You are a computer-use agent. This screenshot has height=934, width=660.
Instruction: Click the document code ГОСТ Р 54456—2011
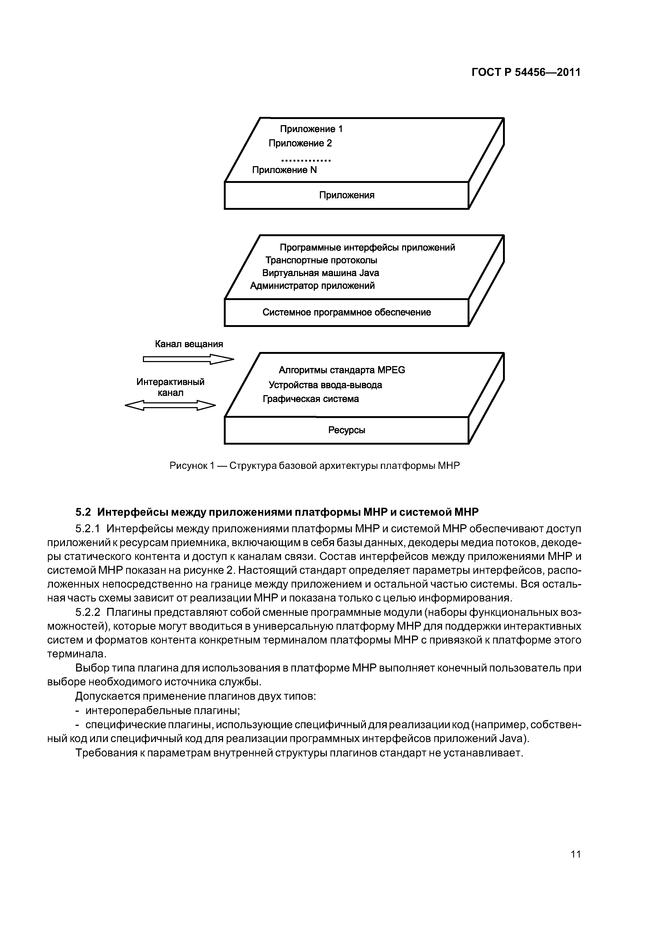click(526, 72)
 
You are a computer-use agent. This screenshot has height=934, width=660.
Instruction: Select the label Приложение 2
click(300, 143)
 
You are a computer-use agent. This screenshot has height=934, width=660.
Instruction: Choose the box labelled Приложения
click(346, 195)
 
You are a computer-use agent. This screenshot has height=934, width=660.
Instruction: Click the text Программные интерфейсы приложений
click(367, 247)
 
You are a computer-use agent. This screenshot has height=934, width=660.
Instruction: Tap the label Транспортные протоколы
click(321, 260)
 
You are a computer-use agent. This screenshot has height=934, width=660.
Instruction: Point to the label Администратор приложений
click(312, 286)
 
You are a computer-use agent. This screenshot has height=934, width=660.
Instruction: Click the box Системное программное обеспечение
click(346, 312)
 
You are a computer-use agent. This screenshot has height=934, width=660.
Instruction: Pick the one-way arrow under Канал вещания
click(188, 359)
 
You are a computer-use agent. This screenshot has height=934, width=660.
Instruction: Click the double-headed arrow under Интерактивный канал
click(170, 405)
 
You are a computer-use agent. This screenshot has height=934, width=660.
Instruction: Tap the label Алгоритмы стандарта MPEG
click(342, 370)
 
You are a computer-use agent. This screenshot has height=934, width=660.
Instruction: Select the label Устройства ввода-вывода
click(325, 385)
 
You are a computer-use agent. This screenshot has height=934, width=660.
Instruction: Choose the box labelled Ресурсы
click(346, 430)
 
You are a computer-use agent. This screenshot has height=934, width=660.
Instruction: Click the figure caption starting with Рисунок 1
click(314, 466)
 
